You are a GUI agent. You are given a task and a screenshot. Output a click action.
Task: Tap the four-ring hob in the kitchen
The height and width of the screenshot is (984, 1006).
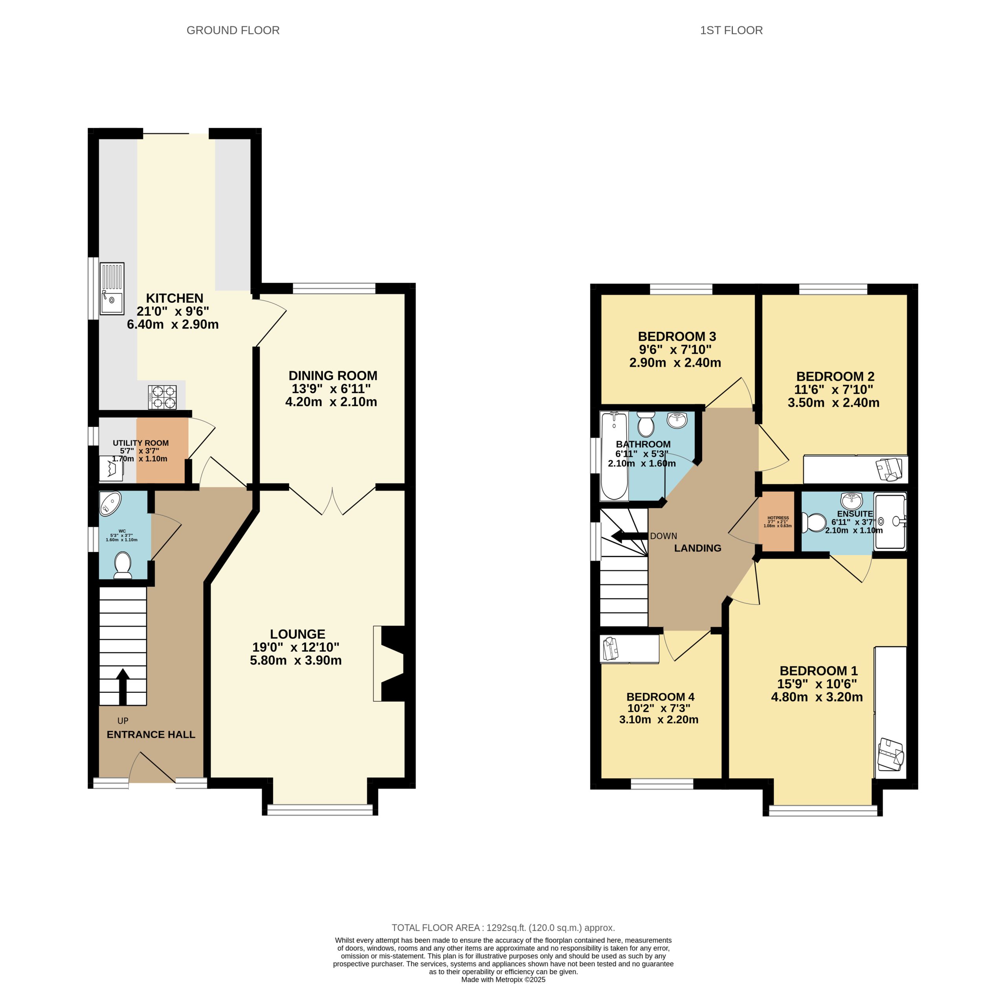pos(162,397)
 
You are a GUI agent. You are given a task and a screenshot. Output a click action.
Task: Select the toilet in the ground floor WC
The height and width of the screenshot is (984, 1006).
pos(123,565)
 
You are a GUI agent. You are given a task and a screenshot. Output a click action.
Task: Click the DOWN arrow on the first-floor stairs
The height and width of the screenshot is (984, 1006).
pos(628,536)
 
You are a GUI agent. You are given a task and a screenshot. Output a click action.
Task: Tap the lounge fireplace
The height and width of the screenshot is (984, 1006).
pos(391,663)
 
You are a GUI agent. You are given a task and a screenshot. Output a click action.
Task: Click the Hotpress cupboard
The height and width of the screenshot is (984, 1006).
pos(777,521)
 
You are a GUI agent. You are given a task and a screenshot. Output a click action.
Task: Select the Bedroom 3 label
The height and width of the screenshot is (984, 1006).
pos(676,337)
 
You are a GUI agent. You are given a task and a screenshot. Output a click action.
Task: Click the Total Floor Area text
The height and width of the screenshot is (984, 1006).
pos(503,928)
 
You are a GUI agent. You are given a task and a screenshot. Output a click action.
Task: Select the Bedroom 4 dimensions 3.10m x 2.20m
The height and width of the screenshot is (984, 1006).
pos(658,719)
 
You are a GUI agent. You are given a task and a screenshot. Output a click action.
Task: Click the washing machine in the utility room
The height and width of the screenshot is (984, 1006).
pos(111,469)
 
